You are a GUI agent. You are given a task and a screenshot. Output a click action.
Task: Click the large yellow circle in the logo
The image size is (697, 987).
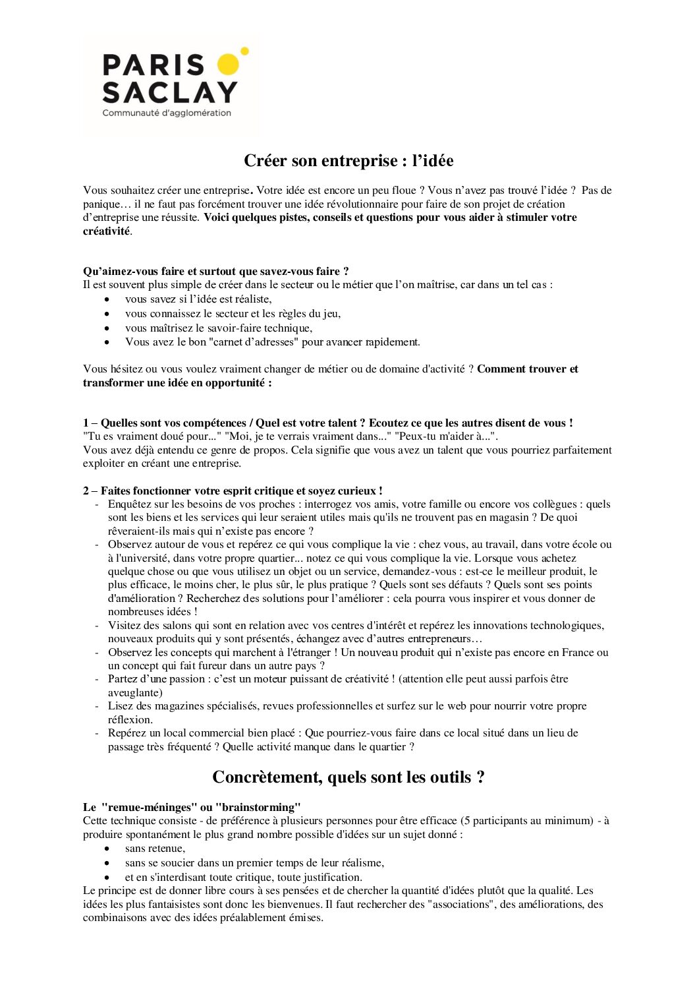pos(228,65)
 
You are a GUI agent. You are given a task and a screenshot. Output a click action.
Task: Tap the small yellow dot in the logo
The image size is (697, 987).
pos(245,50)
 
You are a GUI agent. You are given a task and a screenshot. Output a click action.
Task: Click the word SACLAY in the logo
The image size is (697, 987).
pos(170,92)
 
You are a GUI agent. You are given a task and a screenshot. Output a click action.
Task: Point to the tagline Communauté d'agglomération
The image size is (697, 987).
pos(167,113)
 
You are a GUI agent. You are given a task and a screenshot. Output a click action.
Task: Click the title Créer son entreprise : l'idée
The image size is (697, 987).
pos(348,160)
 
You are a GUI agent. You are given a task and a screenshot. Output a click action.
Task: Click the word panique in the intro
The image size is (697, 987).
pos(101,204)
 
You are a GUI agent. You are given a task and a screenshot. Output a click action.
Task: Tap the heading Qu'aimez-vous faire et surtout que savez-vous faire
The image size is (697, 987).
pos(215,271)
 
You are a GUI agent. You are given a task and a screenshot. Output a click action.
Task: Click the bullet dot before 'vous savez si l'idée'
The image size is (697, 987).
pos(107,299)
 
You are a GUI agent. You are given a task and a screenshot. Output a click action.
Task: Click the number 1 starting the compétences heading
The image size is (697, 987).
pos(86,423)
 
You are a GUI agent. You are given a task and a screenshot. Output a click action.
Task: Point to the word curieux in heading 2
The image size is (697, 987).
pos(358,491)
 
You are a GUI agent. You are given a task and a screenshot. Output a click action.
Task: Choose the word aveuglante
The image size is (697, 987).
pos(135,692)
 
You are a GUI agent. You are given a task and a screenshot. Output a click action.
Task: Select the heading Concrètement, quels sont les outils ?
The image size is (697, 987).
pos(348,777)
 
